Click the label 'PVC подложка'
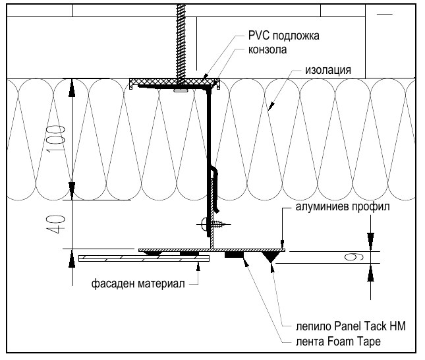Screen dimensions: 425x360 point(283,36)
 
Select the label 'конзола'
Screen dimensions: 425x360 point(268,49)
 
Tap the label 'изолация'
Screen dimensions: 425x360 point(328,70)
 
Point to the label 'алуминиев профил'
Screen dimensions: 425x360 point(343,207)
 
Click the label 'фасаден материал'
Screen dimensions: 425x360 point(138,284)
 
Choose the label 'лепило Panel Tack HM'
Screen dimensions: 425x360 point(351,326)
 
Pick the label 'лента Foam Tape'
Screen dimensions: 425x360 point(338,342)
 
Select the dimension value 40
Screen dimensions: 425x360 point(57,225)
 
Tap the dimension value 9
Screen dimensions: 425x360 point(354,257)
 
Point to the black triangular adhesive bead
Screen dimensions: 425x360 point(269,256)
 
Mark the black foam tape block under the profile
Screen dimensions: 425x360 point(234,255)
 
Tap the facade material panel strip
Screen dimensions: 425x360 point(144,258)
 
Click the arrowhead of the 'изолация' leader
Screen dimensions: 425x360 point(271,106)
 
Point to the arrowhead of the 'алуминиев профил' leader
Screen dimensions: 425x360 point(282,243)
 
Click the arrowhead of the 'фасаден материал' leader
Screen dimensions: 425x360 point(198,266)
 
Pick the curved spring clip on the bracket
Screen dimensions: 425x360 point(215,190)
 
